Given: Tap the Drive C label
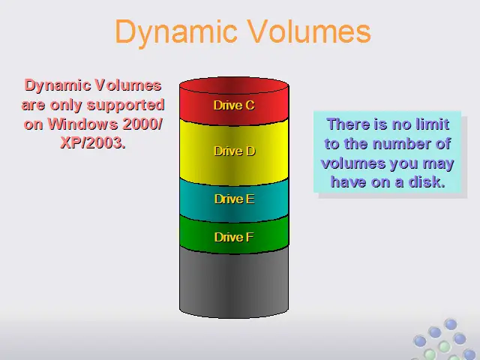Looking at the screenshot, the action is click(234, 105).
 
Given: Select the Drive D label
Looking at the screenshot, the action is click(235, 151).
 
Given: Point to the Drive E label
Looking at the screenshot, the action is click(235, 199).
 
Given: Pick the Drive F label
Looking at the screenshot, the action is click(234, 237).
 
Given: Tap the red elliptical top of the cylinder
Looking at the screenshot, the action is click(234, 85).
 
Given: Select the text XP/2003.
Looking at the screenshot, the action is click(93, 142).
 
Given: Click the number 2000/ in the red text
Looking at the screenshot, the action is click(142, 124).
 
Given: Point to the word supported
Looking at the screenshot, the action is click(126, 106).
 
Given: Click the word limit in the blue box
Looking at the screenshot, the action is click(433, 124).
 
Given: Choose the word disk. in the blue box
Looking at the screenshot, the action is click(427, 181).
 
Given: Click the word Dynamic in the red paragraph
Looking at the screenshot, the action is click(58, 85).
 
